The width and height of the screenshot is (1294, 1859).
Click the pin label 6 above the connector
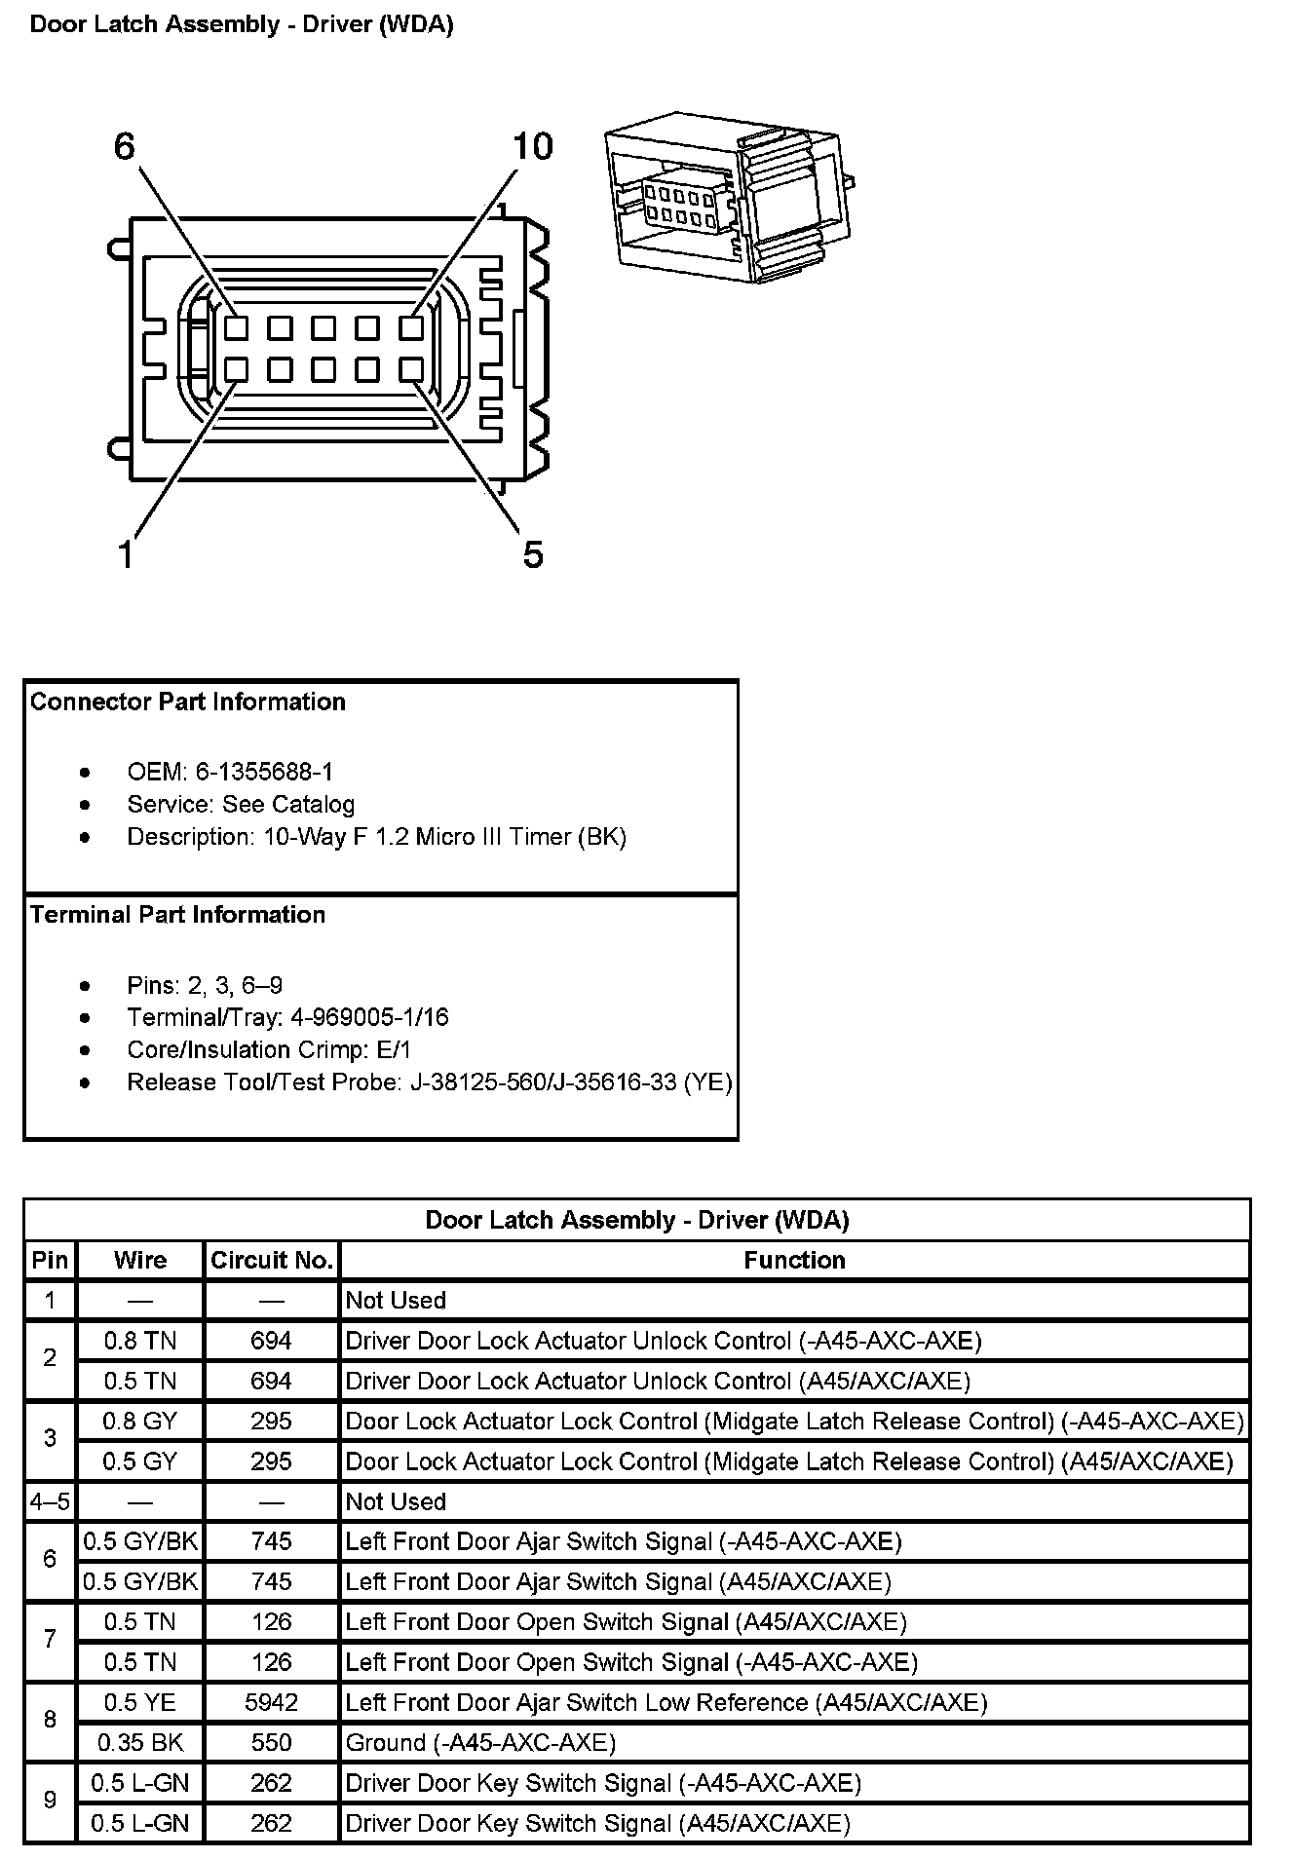coord(125,146)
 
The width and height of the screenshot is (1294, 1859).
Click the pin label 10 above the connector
coord(532,146)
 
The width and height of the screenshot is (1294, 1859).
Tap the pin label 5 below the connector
coord(532,554)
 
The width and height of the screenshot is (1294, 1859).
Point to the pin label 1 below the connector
coord(125,554)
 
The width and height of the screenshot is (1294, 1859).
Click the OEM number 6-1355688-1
coord(264,772)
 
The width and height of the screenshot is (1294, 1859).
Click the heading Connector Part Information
coord(188,702)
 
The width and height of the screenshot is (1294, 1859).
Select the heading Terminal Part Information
coord(178,914)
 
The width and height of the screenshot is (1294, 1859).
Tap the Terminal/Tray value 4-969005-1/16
coord(369,1017)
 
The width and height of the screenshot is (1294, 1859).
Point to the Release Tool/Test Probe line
coord(429,1081)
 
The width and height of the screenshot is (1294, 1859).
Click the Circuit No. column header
coord(272,1260)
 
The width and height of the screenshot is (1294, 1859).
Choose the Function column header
coord(794,1260)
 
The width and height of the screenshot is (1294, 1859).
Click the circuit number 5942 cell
coord(271,1702)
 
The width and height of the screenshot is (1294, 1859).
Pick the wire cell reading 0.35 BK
coord(140,1742)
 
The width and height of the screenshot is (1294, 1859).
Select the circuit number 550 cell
coord(271,1742)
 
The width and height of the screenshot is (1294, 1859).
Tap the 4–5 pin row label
coord(50,1501)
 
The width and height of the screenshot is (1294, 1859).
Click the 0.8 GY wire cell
coord(140,1421)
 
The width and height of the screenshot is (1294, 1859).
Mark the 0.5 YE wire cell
coord(140,1702)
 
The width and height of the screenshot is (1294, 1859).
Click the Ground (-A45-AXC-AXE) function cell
coord(480,1742)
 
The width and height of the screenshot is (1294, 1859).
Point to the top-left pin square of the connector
coord(236,327)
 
